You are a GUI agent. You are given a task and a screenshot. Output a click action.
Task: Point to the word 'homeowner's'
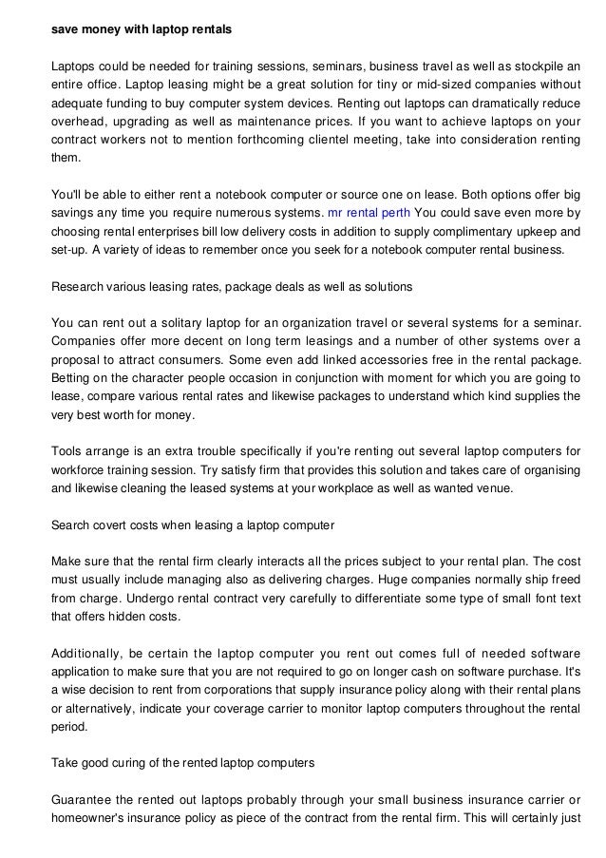(x=88, y=817)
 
